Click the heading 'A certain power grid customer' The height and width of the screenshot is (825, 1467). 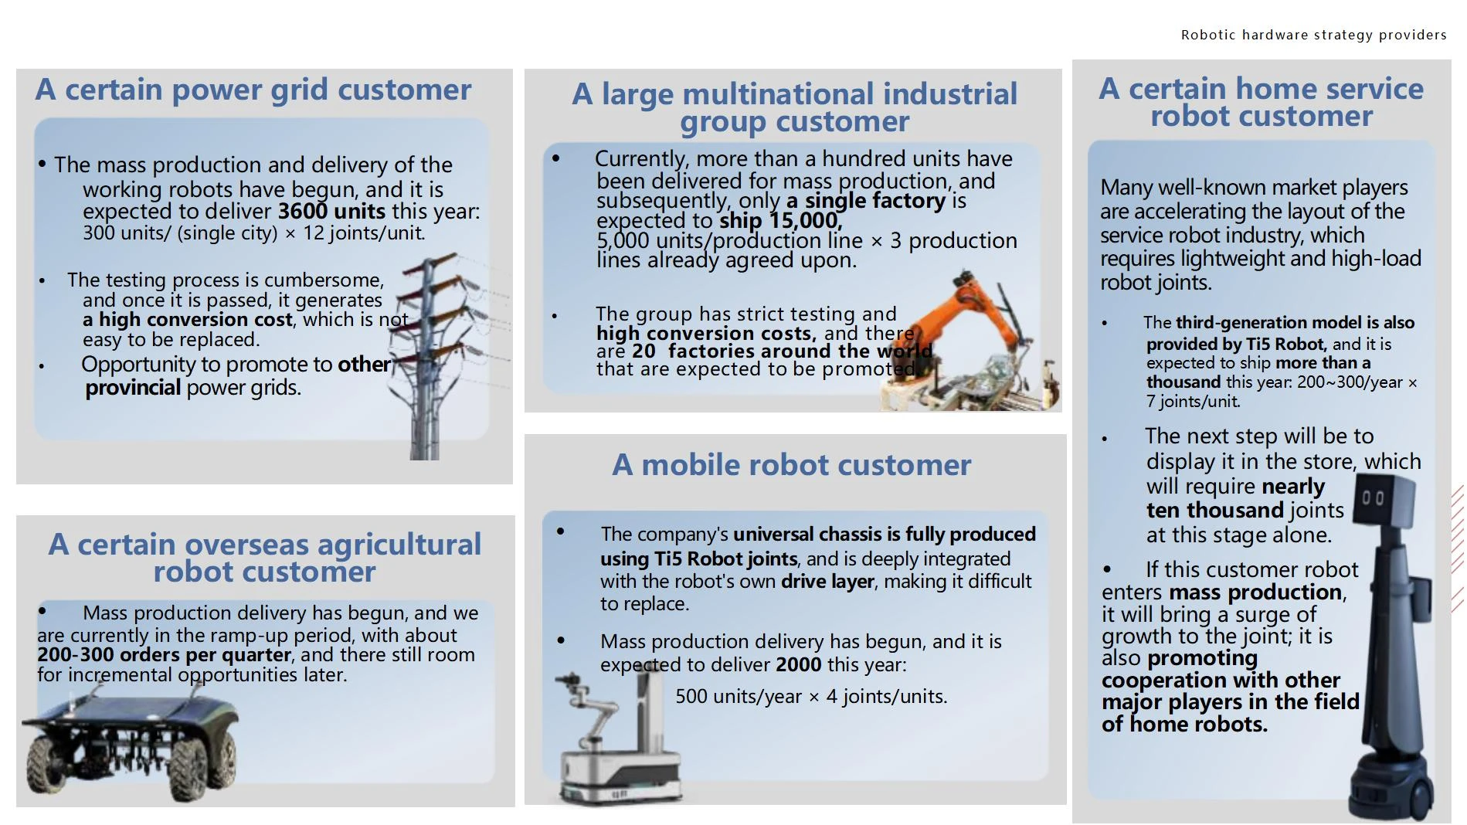pos(253,90)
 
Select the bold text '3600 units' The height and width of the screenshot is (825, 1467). pos(331,211)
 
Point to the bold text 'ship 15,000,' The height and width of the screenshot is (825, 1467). pos(781,221)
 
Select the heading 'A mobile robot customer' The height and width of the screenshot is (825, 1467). pos(792,465)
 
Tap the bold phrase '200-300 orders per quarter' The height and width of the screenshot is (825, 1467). pos(165,655)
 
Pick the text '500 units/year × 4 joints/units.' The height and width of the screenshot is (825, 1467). pos(811,696)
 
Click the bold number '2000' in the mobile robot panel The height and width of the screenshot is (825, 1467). pos(799,664)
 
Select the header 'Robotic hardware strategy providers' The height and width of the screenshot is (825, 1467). pos(1313,35)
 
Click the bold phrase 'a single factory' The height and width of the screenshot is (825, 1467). pos(866,201)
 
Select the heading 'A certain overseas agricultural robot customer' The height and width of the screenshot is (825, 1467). pos(265,558)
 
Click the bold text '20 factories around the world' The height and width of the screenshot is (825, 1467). pos(782,351)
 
